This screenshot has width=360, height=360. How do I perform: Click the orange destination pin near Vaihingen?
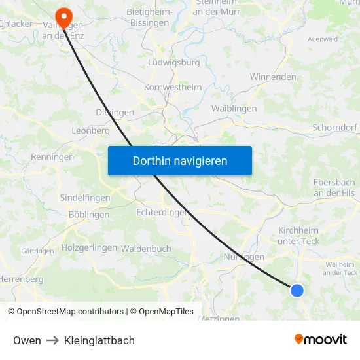pos(64,15)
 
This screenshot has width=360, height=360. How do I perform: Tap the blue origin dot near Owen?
pos(297,290)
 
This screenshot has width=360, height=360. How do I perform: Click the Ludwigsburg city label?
pos(174,63)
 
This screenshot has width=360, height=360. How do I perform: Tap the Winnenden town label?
pos(273,77)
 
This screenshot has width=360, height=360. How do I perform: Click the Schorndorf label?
pos(336,128)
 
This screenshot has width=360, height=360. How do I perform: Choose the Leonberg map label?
pos(90,130)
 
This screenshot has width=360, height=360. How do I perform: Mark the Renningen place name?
pos(52,157)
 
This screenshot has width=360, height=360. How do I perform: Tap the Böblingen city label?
pos(89,214)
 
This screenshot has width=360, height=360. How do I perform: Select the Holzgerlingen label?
pos(88,248)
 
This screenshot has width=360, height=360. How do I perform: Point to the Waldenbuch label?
pos(146,249)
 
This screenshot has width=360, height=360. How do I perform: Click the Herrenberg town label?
pos(22,279)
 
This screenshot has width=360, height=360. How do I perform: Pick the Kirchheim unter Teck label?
pos(298,236)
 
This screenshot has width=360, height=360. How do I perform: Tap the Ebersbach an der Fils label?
pos(334,188)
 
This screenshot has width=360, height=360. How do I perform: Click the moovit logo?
pos(320,339)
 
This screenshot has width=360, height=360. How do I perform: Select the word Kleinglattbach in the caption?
pos(99,340)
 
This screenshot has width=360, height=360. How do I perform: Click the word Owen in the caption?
pos(27,340)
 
